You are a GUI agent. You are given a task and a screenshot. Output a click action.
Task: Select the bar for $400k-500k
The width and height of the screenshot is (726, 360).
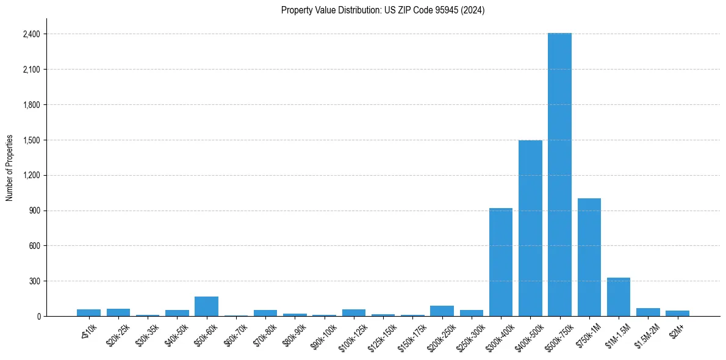click(530, 228)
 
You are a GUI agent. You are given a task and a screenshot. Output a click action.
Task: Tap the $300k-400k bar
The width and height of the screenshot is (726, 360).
click(501, 262)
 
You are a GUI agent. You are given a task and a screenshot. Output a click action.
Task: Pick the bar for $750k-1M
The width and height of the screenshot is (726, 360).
click(589, 257)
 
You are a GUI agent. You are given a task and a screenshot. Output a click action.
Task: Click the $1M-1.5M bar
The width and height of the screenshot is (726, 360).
click(619, 297)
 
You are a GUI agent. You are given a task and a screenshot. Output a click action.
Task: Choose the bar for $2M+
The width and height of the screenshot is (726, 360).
click(677, 314)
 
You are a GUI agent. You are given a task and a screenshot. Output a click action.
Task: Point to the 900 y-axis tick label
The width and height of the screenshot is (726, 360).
click(34, 211)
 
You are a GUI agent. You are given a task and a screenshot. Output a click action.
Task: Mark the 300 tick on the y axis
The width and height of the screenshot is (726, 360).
click(34, 281)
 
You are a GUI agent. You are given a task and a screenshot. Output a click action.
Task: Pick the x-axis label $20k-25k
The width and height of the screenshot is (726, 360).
click(117, 333)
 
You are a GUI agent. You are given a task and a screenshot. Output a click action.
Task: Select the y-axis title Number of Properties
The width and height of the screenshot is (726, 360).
click(10, 168)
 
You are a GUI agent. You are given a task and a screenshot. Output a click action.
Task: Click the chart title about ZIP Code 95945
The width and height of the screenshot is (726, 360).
click(383, 10)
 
